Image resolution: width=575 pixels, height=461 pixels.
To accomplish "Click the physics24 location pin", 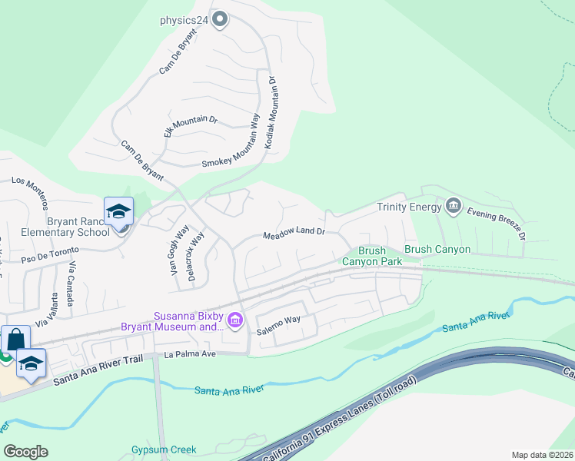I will pos(221,19).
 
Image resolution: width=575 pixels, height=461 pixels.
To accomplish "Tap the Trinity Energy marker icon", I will pos(453,206).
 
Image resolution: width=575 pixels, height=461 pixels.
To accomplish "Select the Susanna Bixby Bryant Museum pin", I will pos(236,320).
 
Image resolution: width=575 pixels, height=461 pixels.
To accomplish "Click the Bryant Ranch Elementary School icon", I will pos(119,212).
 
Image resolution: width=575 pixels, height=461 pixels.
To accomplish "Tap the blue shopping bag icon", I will pos(15,340).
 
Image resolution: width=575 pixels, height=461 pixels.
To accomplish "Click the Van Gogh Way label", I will pos(179,251).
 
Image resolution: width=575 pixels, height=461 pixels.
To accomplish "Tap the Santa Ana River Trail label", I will pos(100,371).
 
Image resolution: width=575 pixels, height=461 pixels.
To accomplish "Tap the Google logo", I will pos(25,452).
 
